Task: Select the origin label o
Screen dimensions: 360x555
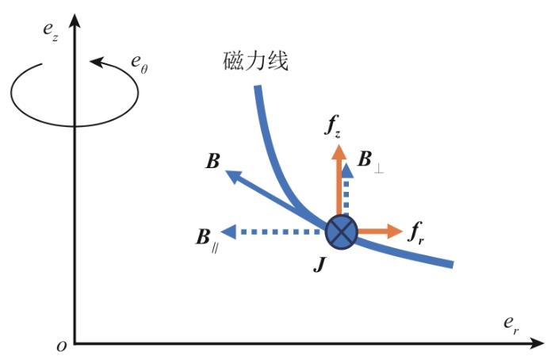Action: (x=60, y=347)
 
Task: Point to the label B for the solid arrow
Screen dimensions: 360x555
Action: (x=212, y=161)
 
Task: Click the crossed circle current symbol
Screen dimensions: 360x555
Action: (x=342, y=232)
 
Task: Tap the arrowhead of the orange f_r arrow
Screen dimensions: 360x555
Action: (x=396, y=232)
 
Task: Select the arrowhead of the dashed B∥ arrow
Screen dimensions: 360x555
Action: (x=229, y=232)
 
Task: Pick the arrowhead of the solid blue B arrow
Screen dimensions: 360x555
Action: (x=232, y=174)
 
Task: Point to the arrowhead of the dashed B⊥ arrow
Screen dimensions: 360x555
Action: (x=346, y=168)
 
